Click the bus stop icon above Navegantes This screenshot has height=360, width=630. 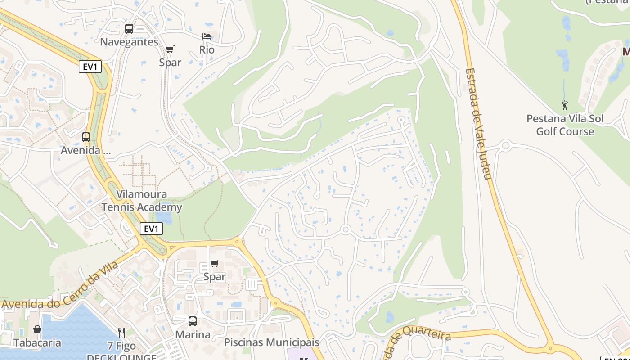pyautogui.click(x=129, y=29)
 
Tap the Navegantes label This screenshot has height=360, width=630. pyautogui.click(x=129, y=42)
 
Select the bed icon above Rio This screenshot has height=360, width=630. pyautogui.click(x=207, y=36)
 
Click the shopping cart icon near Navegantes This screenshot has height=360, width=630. pyautogui.click(x=170, y=49)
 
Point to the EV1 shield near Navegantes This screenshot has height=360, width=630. pyautogui.click(x=90, y=67)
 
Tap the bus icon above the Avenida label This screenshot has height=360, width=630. pyautogui.click(x=85, y=137)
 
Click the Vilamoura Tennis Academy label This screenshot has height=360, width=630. pyautogui.click(x=142, y=201)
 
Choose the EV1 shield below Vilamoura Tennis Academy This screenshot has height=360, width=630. pyautogui.click(x=151, y=229)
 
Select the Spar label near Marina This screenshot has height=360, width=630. pyautogui.click(x=215, y=277)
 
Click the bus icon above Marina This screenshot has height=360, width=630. pyautogui.click(x=193, y=321)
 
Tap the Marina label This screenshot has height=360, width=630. pyautogui.click(x=193, y=335)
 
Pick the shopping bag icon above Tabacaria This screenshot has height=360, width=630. pyautogui.click(x=37, y=330)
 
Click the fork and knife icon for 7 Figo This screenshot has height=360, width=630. pyautogui.click(x=121, y=333)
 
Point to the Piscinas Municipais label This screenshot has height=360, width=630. pyautogui.click(x=272, y=342)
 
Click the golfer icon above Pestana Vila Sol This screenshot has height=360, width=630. pyautogui.click(x=565, y=105)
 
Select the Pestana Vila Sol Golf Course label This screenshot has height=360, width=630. pyautogui.click(x=565, y=125)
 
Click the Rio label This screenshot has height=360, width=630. pyautogui.click(x=207, y=50)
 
